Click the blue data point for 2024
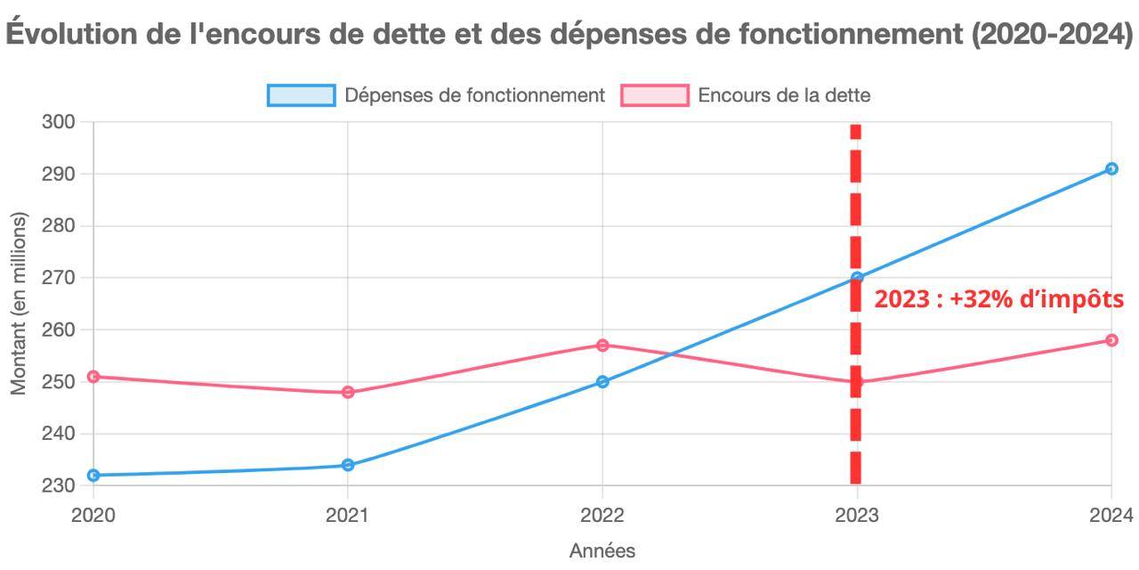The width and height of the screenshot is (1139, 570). (1111, 168)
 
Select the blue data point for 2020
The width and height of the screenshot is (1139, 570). (93, 475)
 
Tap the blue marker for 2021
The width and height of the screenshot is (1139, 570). (348, 465)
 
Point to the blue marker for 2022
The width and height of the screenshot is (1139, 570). (602, 381)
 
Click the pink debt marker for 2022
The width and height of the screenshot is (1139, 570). (602, 345)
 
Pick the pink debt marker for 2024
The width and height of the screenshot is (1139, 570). (1111, 340)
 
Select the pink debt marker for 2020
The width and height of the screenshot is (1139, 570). (93, 377)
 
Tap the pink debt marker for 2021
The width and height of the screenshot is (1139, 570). (348, 392)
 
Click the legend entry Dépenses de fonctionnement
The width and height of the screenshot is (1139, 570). (436, 95)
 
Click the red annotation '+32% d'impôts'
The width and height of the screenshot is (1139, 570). (998, 299)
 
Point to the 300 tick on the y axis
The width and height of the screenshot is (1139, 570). (59, 122)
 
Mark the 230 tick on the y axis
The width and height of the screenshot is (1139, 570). (59, 486)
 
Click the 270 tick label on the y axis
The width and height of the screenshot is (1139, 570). (59, 278)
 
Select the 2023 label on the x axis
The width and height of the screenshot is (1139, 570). (857, 515)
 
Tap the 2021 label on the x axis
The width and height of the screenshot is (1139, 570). (348, 515)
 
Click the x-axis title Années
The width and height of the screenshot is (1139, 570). (602, 551)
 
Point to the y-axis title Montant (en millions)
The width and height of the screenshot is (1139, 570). (19, 304)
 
